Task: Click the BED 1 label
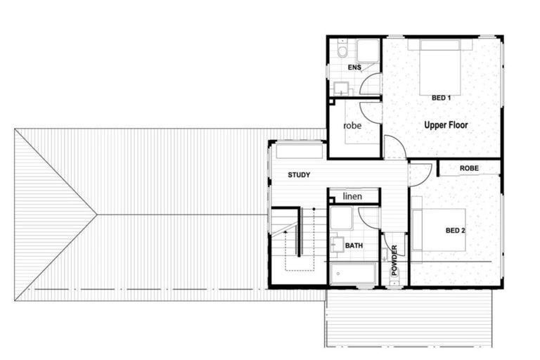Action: coord(440,98)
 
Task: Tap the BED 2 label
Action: coord(455,230)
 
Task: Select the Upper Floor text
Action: coord(446,125)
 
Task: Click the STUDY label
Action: coord(299,174)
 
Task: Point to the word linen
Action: coord(352,196)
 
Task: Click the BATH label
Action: coord(354,245)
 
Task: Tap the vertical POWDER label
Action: coord(394,260)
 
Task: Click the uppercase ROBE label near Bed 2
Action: coord(469,169)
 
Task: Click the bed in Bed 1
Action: coord(440,67)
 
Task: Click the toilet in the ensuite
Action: coord(342,51)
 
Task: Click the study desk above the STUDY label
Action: coord(300,151)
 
